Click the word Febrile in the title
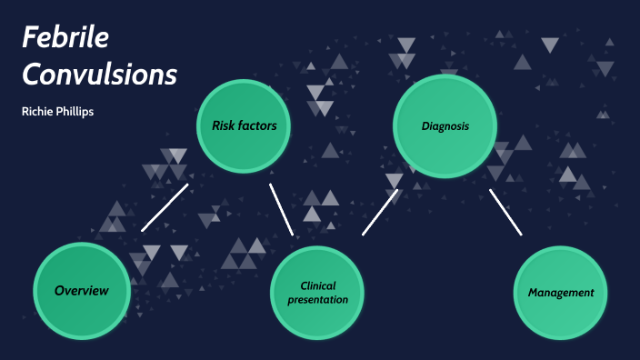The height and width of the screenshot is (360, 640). [x=65, y=38]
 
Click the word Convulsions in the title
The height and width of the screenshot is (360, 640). [x=99, y=75]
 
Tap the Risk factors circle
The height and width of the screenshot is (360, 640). [x=244, y=125]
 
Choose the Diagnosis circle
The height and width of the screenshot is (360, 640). [x=445, y=125]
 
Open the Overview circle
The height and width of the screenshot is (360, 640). [x=81, y=291]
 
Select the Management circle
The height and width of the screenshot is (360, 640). [x=561, y=293]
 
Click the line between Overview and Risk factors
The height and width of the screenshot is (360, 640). [x=165, y=207]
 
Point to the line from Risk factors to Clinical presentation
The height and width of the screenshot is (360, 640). [x=281, y=209]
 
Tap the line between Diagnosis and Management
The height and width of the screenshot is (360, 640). [x=505, y=212]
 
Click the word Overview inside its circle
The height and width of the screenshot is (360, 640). [x=81, y=291]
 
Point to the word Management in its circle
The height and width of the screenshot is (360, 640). [x=561, y=293]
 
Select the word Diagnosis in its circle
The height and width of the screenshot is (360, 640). [x=445, y=125]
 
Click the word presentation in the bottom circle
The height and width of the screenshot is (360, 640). [x=317, y=299]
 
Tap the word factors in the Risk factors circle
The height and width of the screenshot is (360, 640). [x=258, y=125]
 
